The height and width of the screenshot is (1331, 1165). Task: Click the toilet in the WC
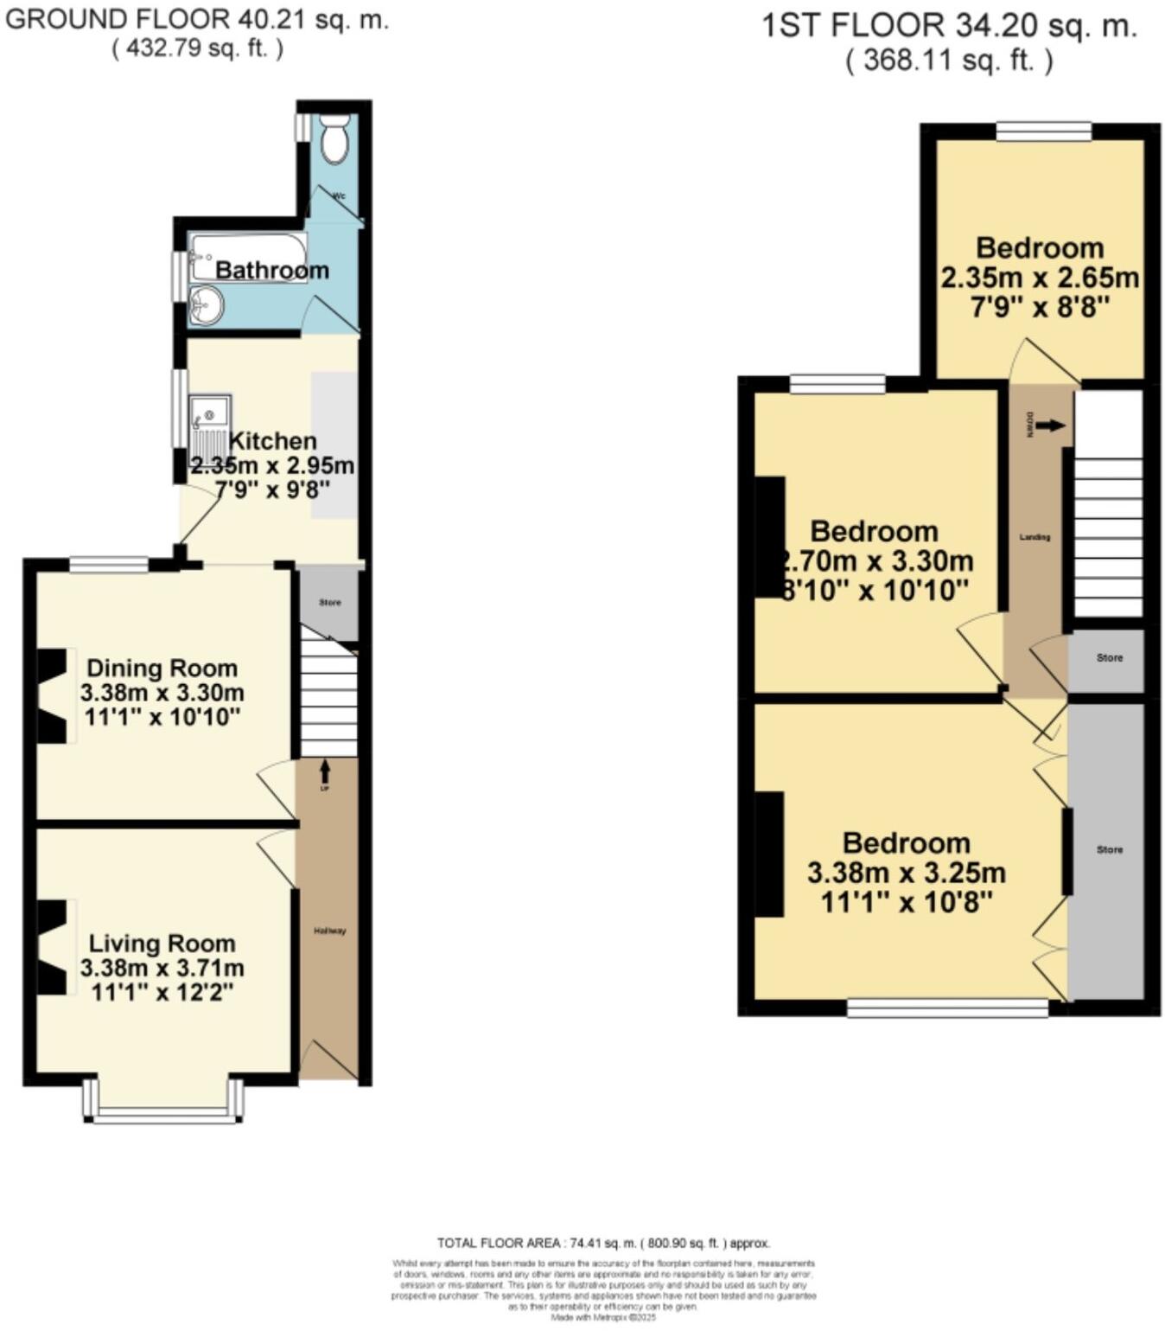[x=334, y=139]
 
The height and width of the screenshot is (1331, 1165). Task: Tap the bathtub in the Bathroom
[x=247, y=256]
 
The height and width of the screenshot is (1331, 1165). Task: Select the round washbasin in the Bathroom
[x=206, y=305]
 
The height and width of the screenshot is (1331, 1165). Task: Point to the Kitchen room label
[x=272, y=441]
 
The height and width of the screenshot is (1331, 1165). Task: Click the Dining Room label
[x=162, y=669]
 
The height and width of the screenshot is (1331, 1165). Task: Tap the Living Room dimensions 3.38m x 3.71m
[x=162, y=968]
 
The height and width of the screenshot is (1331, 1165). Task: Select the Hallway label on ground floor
[x=329, y=931]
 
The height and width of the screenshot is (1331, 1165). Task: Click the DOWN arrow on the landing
[x=1050, y=426]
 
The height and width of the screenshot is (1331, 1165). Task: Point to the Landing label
[x=1034, y=537]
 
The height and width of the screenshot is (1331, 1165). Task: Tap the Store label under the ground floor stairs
[x=329, y=602]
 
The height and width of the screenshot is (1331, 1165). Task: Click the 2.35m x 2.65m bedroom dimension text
[x=1039, y=278]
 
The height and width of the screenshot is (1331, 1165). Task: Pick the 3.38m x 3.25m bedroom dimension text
[x=906, y=873]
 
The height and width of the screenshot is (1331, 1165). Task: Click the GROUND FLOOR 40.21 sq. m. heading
[x=197, y=20]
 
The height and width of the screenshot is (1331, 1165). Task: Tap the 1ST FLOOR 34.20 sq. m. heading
[x=948, y=26]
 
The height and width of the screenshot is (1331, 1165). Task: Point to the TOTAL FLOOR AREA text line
[x=602, y=1243]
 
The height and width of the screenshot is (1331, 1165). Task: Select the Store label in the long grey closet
[x=1109, y=849]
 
